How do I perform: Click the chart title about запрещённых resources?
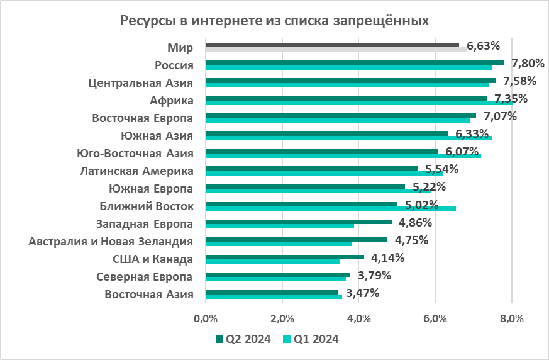pos(274,21)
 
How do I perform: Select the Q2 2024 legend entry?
pos(243,339)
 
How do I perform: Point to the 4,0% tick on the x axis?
pos(358,318)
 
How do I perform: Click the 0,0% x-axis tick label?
pos(206,318)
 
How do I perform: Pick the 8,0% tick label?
pos(511,318)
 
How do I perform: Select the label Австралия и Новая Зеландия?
pos(111,242)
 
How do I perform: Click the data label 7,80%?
pos(528,63)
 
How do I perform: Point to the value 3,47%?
pos(362,293)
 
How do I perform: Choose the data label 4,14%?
pos(387,257)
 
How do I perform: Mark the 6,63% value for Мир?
pos(484,45)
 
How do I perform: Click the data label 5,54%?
pos(441,169)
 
